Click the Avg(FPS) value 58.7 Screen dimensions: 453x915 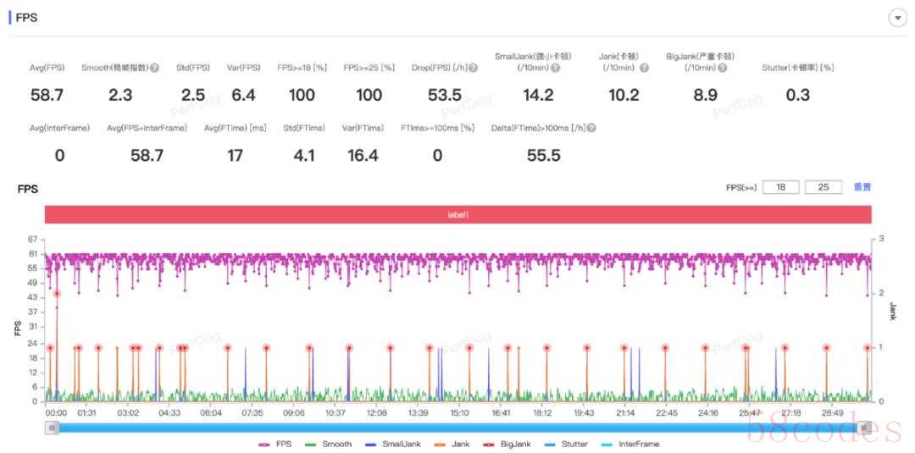point(47,95)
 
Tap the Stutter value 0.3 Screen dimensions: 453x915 point(797,95)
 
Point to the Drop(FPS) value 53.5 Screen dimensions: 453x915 point(444,95)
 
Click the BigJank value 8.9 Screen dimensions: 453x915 point(705,95)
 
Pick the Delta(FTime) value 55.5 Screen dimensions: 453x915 point(543,155)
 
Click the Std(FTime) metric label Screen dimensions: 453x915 point(303,128)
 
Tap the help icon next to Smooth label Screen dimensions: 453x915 point(154,68)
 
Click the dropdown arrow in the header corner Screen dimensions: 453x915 point(897,19)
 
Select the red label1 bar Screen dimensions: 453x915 point(457,215)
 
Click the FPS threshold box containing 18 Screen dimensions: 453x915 point(780,187)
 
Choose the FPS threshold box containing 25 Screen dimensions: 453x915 point(822,187)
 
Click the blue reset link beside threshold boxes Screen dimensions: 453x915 point(862,187)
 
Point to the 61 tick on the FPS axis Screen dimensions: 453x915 point(33,254)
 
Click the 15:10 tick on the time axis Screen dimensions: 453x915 point(459,413)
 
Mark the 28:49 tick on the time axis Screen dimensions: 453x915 point(832,413)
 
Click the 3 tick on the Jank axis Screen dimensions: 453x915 point(882,240)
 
